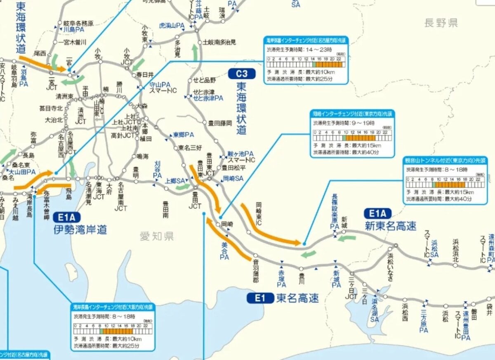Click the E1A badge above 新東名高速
(x=377, y=213)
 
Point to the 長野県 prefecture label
(x=441, y=23)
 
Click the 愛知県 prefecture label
(x=156, y=237)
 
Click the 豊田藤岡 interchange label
(x=220, y=123)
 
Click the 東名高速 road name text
(x=297, y=298)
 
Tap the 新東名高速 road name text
(x=390, y=226)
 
